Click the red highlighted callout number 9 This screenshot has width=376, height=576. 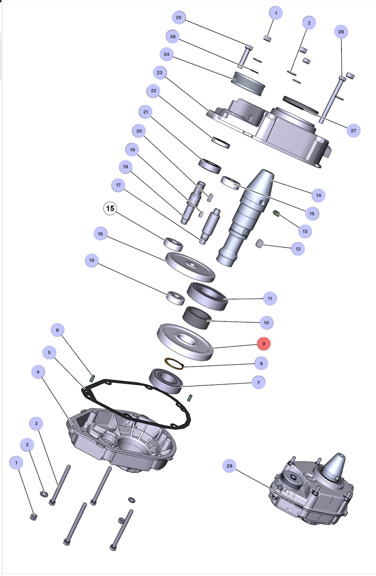click(x=264, y=344)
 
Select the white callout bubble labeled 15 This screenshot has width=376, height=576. click(x=110, y=209)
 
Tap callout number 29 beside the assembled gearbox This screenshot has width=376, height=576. click(x=229, y=466)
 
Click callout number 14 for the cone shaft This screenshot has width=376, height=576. click(x=318, y=195)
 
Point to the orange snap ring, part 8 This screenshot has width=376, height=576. click(x=174, y=364)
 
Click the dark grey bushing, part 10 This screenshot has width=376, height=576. click(x=197, y=317)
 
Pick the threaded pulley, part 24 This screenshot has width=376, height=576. click(x=249, y=83)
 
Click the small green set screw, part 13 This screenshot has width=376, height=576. click(x=277, y=213)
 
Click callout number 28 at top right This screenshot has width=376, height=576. click(x=341, y=32)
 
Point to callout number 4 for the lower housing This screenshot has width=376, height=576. click(x=38, y=372)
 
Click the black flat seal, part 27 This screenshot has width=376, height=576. click(x=300, y=104)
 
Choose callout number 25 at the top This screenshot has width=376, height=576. click(x=178, y=17)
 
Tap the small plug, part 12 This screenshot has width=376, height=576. click(x=260, y=243)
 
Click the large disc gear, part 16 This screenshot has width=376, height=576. click(x=190, y=266)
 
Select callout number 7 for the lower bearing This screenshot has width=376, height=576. click(x=258, y=382)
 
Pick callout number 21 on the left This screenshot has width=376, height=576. click(x=146, y=112)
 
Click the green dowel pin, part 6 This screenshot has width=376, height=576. click(x=92, y=378)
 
